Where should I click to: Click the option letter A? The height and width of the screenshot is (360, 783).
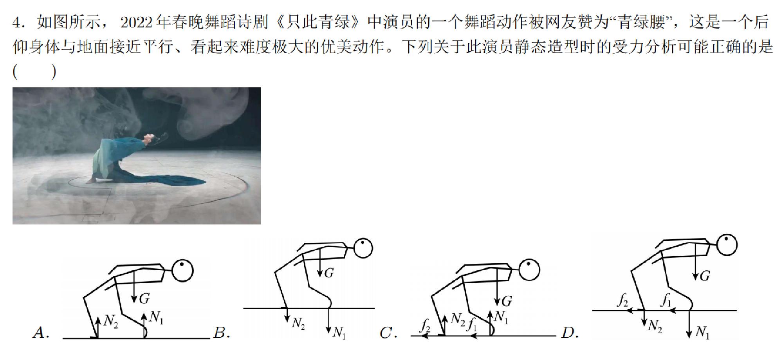pos(40,333)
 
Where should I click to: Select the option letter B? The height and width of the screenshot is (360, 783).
pos(221,333)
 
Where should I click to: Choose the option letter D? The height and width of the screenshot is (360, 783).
pos(570,333)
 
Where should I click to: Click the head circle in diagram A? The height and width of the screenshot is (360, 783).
pos(182,270)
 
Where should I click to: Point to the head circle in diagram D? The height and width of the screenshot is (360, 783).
pos(727,245)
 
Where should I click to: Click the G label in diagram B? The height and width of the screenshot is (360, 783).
pos(329,273)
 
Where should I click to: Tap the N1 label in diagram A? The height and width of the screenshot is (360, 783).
pos(156,317)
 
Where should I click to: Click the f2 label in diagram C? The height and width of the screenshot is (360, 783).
pos(425,325)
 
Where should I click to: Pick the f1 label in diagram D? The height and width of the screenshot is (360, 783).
pos(666,300)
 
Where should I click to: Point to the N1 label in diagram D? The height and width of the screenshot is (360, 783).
pos(702,333)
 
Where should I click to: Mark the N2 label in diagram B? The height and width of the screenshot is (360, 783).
pos(299,324)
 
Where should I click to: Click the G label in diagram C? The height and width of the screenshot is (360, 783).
pos(507,301)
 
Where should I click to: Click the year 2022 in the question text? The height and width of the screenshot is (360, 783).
pos(136,22)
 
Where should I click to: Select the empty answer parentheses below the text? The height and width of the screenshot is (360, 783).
pos(34,72)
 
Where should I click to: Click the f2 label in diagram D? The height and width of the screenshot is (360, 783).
pos(622,300)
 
